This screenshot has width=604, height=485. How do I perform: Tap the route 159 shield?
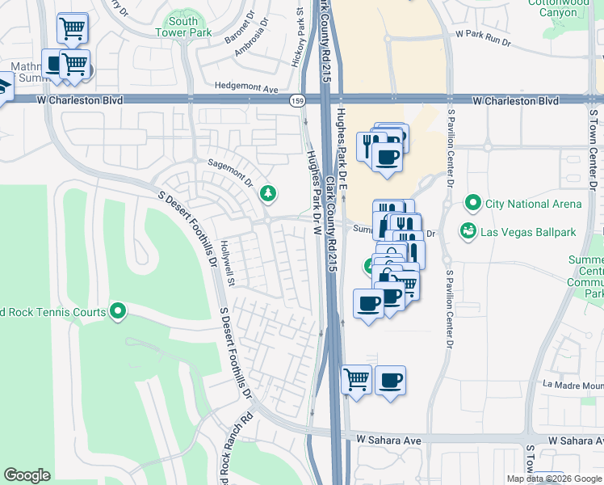[x=297, y=100]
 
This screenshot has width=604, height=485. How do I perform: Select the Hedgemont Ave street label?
[x=245, y=86]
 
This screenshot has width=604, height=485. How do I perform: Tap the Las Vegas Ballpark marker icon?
[x=468, y=232]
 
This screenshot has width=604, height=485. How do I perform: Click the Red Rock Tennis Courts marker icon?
[x=118, y=311]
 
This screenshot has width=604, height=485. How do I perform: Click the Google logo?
[x=27, y=475]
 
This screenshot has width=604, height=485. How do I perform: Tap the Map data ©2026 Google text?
[x=554, y=479]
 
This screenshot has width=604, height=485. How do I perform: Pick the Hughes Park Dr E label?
[x=342, y=154]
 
